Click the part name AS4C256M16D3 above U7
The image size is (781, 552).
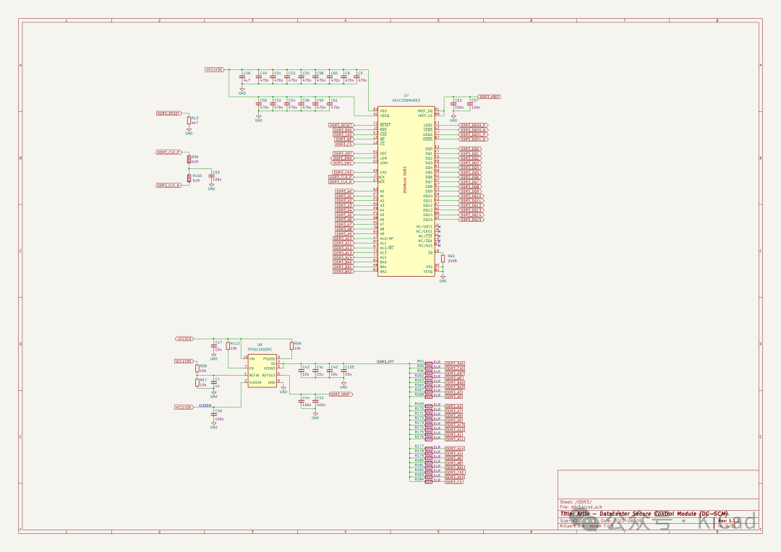[x=406, y=100]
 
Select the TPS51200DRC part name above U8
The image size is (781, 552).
[x=259, y=350]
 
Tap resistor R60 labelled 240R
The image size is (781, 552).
[x=443, y=258]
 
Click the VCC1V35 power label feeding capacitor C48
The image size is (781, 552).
[x=215, y=70]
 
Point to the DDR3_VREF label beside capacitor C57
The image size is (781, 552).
[x=490, y=97]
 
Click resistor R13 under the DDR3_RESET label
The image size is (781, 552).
[x=189, y=121]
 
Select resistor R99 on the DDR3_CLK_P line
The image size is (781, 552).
[x=189, y=159]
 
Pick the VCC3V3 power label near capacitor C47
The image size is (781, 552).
[x=184, y=338]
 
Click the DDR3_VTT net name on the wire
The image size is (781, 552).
[x=385, y=361]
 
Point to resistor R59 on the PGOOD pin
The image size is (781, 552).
[x=293, y=346]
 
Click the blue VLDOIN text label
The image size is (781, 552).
[x=205, y=406]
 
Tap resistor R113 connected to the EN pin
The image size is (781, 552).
[x=228, y=346]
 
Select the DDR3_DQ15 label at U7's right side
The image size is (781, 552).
[x=471, y=219]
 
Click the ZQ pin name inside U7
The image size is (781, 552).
[x=430, y=252]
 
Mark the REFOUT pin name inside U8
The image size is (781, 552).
[x=268, y=376]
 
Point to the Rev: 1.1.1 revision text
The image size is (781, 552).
[x=729, y=520]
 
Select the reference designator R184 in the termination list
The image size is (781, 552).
[x=419, y=479]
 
